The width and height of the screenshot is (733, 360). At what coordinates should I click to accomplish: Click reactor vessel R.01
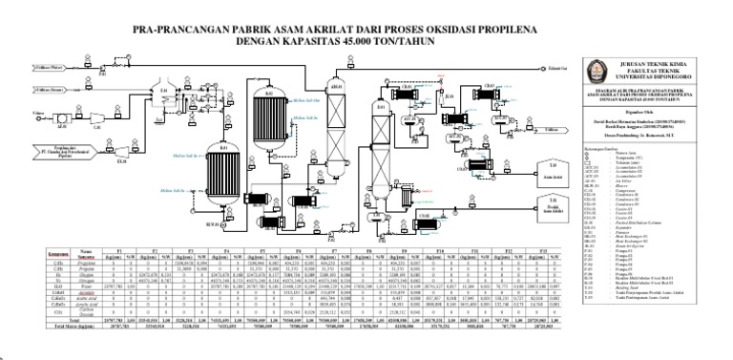(x=224, y=183)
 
